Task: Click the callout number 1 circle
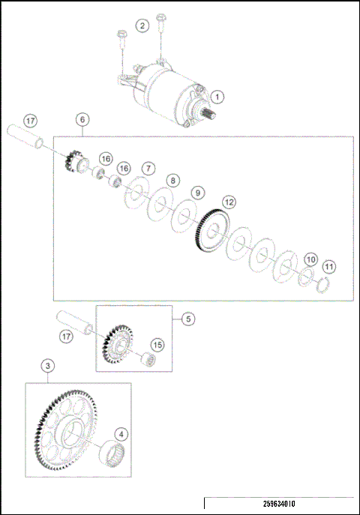click(x=217, y=96)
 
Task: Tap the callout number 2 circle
click(x=142, y=25)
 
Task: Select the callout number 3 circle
click(x=47, y=366)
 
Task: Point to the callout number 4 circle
click(x=121, y=434)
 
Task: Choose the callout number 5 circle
click(x=188, y=319)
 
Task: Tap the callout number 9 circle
click(x=196, y=193)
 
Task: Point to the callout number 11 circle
click(x=328, y=266)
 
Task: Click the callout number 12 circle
click(x=229, y=202)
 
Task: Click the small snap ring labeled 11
click(x=324, y=286)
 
